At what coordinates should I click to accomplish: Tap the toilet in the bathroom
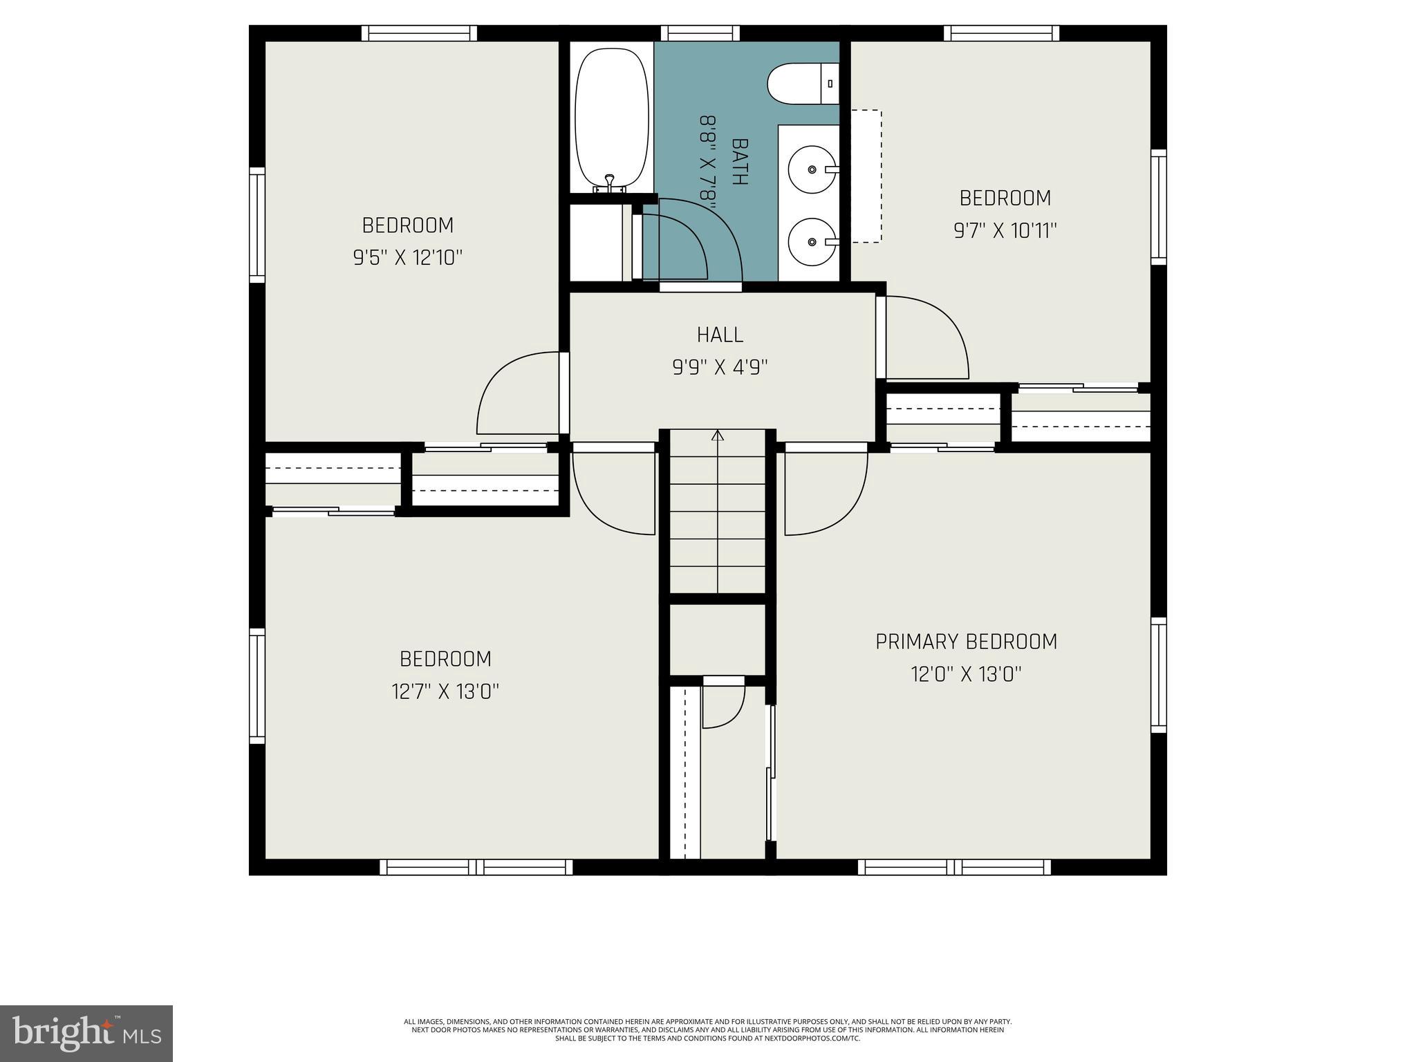(802, 84)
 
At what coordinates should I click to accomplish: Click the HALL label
(720, 335)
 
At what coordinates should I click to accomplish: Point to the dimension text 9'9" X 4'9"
(720, 367)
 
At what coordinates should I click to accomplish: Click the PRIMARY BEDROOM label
(966, 642)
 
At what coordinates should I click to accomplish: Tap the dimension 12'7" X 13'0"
(445, 691)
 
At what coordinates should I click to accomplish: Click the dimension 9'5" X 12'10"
(407, 258)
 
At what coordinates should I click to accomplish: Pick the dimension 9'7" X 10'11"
(1005, 230)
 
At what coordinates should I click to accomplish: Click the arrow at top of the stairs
(718, 436)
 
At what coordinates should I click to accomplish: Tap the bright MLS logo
(86, 1034)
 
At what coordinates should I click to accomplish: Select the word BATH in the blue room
(740, 162)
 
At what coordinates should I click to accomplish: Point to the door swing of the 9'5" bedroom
(519, 394)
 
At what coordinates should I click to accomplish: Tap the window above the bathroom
(700, 32)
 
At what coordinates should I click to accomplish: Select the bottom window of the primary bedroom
(954, 867)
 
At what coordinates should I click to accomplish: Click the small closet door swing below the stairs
(723, 705)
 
